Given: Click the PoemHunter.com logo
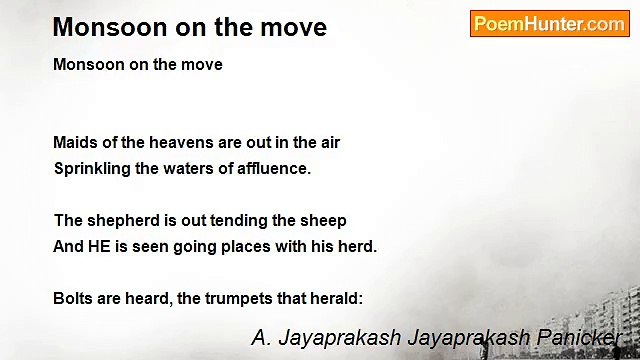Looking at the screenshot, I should (x=549, y=24).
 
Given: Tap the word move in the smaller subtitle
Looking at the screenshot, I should (x=204, y=64).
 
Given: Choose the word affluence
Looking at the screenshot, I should (x=275, y=168).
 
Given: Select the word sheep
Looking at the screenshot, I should (x=324, y=221).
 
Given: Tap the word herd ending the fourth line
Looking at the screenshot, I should (x=358, y=246).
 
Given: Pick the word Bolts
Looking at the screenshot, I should (x=72, y=298).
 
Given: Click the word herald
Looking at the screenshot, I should (x=336, y=298).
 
